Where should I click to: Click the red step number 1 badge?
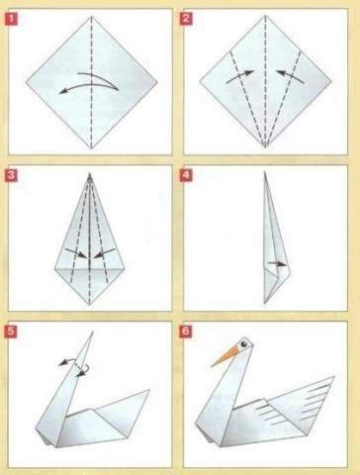click(12, 19)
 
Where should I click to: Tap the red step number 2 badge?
click(186, 19)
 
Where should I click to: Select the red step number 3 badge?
click(12, 175)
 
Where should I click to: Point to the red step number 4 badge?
click(186, 175)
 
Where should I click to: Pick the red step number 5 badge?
click(12, 332)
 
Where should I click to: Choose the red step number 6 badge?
click(186, 332)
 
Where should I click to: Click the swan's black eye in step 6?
click(244, 343)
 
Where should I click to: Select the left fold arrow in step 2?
click(240, 76)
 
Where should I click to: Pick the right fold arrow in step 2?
click(290, 76)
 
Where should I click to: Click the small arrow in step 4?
click(277, 263)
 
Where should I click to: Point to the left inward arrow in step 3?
click(76, 253)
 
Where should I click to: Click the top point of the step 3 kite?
click(90, 173)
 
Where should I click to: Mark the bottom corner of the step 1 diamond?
click(92, 149)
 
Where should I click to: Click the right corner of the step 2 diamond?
click(331, 81)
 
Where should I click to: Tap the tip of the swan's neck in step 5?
click(93, 332)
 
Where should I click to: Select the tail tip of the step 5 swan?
click(150, 390)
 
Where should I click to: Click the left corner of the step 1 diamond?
click(26, 82)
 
